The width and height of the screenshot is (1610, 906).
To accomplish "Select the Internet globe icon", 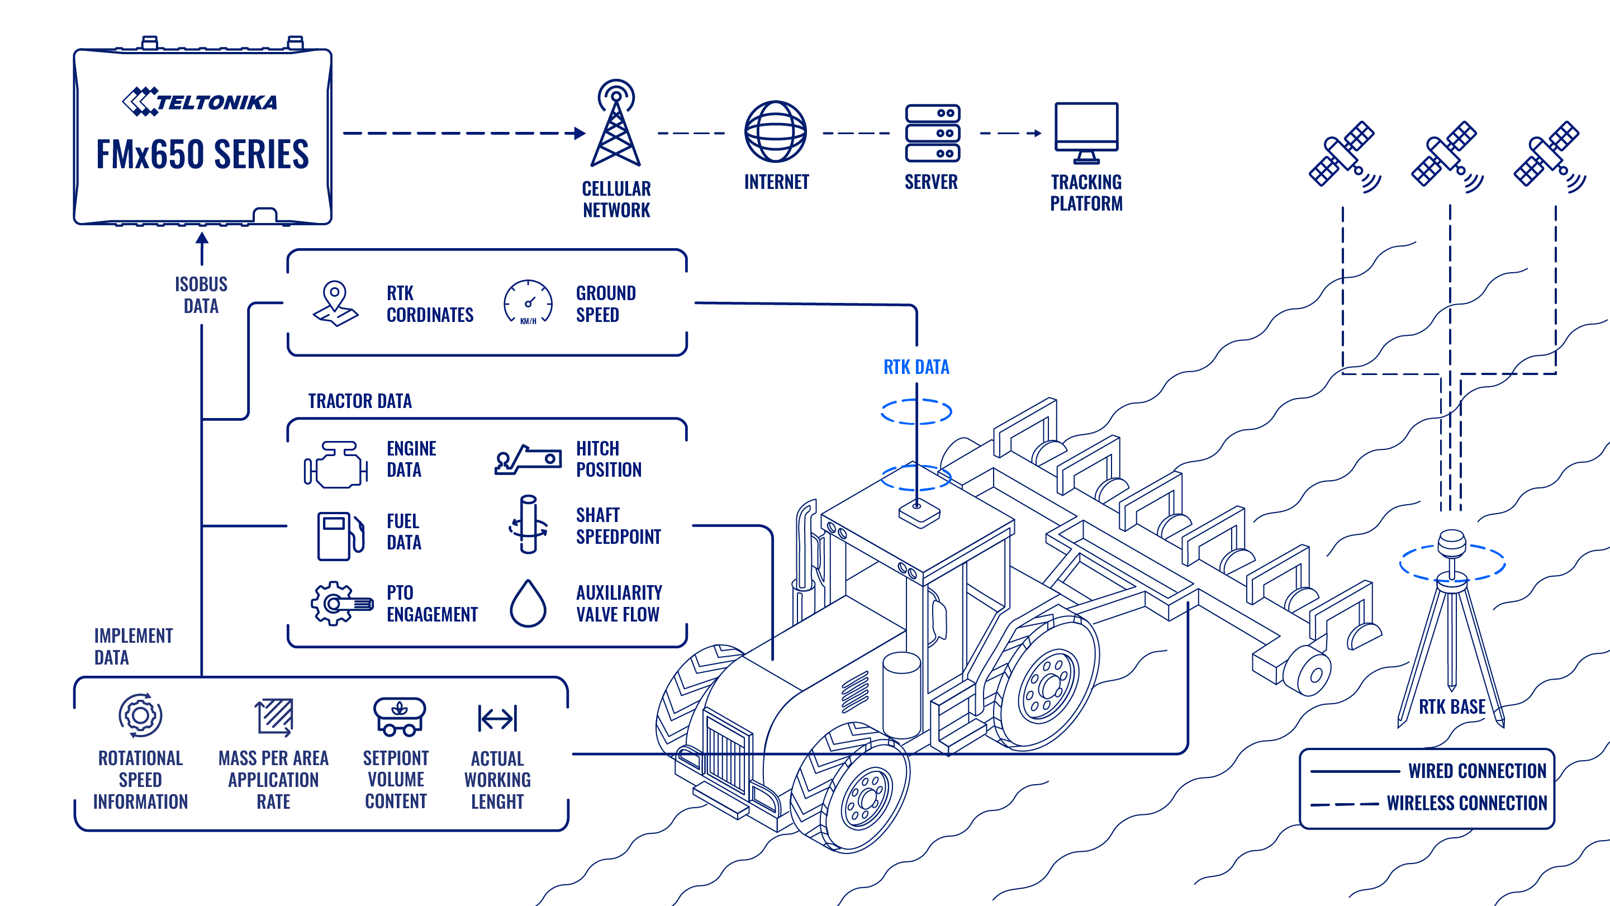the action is tap(775, 132).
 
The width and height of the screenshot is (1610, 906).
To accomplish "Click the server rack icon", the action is tap(932, 132).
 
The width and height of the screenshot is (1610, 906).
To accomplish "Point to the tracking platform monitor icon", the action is tap(1086, 132).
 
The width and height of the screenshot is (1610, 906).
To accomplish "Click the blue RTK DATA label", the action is tap(916, 367).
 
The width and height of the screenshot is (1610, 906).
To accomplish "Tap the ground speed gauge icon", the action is tap(528, 302).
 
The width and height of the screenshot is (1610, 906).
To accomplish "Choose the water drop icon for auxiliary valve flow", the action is tap(528, 604).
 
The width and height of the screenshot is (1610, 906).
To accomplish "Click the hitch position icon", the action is tap(528, 460).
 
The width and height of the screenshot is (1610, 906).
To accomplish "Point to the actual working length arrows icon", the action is tap(497, 718).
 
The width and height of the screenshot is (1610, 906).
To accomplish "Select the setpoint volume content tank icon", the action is tap(400, 717).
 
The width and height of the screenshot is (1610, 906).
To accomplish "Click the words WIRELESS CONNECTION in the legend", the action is tap(1466, 803).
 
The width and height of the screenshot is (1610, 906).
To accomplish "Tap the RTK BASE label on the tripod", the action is tap(1452, 707).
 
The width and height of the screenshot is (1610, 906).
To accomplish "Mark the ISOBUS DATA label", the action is tap(201, 295).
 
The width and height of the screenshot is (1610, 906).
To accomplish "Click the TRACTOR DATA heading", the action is tap(360, 401).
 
